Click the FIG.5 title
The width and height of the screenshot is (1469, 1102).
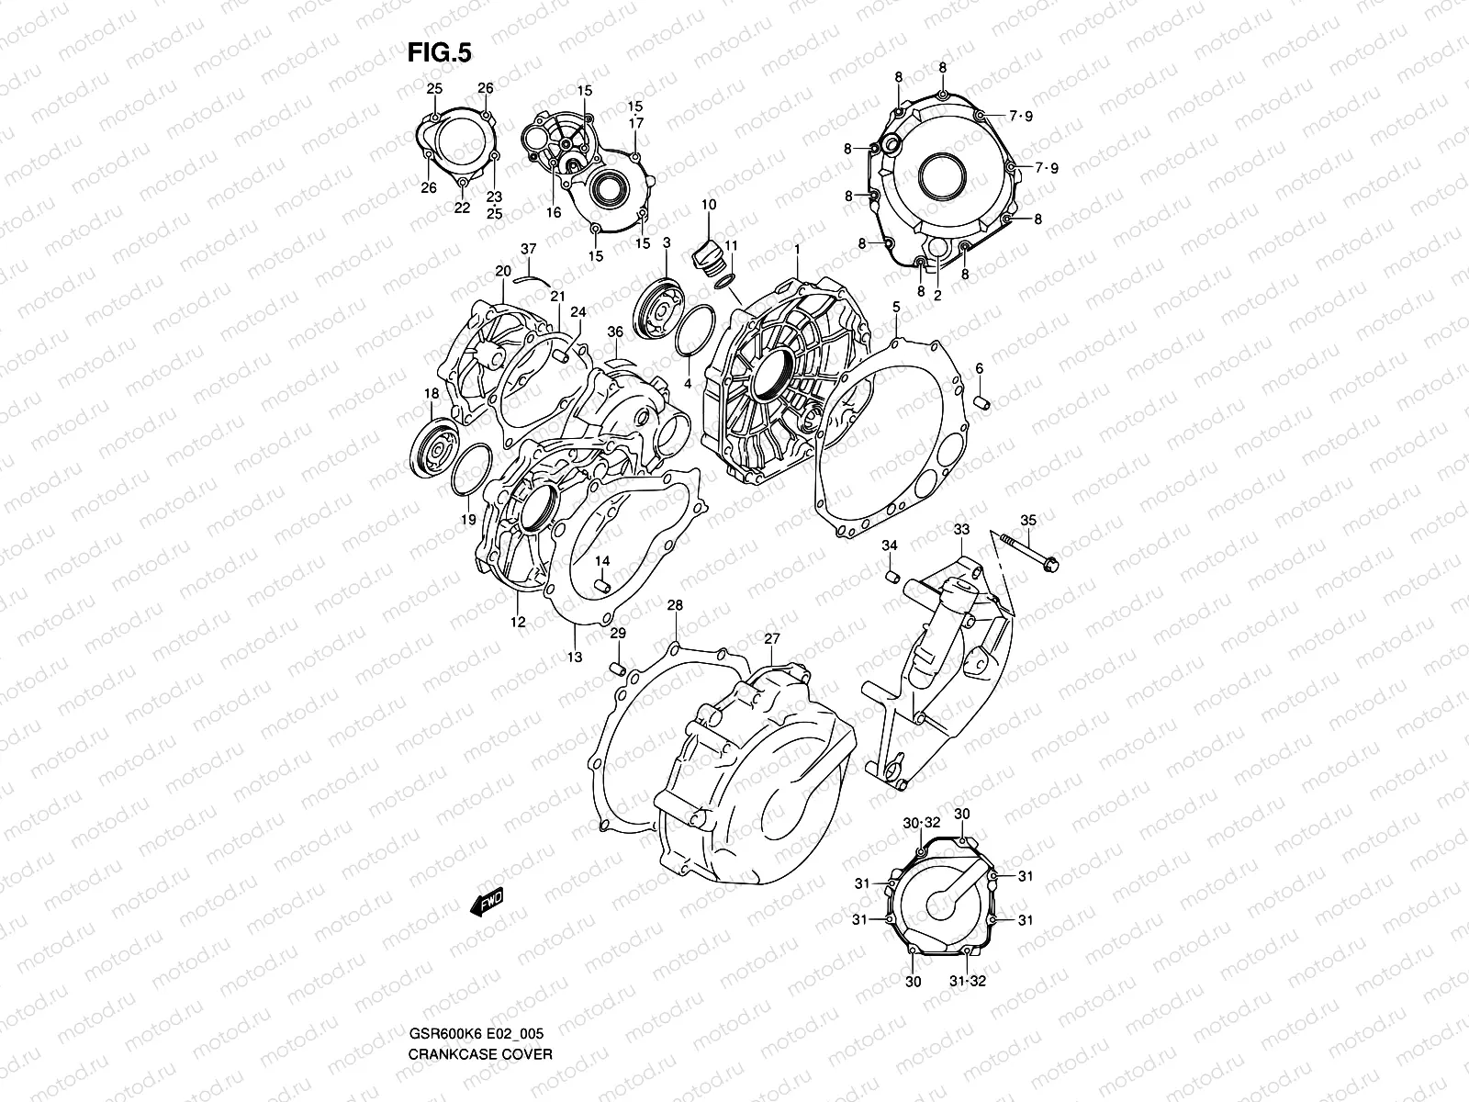click(439, 53)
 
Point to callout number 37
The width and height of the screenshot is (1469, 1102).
click(528, 249)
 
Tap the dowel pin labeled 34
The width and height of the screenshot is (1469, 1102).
click(889, 576)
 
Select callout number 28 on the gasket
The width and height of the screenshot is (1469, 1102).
click(675, 606)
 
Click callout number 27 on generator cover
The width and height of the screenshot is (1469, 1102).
click(771, 638)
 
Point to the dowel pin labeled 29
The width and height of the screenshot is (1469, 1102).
click(618, 664)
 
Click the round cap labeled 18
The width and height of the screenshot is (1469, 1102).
click(435, 450)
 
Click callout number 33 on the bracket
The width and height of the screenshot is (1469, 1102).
click(960, 530)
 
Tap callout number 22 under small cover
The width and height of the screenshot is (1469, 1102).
click(462, 208)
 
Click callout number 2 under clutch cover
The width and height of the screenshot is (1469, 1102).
click(937, 296)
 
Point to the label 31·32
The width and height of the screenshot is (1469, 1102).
click(967, 982)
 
